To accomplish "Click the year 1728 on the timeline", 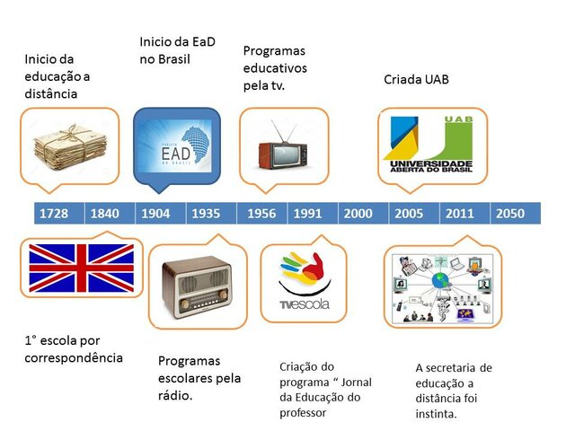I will tap(54, 214).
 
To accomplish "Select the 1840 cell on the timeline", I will tap(105, 214).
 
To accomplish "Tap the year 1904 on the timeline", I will tap(155, 214).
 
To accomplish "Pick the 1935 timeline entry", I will tap(206, 214).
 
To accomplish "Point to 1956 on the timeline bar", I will tap(261, 214).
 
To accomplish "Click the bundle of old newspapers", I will tap(70, 147).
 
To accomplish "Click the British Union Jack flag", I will tap(82, 268).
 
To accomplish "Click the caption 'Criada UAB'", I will tap(416, 80).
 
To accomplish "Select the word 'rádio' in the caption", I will tap(176, 394).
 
